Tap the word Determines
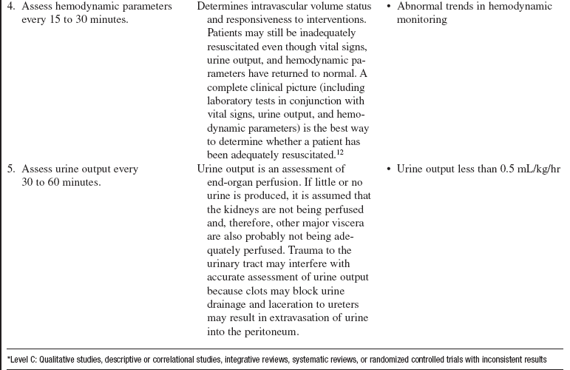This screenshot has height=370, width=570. click(224, 7)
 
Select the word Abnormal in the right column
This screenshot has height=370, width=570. click(419, 7)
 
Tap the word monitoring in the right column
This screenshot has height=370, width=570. click(421, 20)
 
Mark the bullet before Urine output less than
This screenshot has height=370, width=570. click(389, 169)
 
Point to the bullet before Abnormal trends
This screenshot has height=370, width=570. click(389, 7)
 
